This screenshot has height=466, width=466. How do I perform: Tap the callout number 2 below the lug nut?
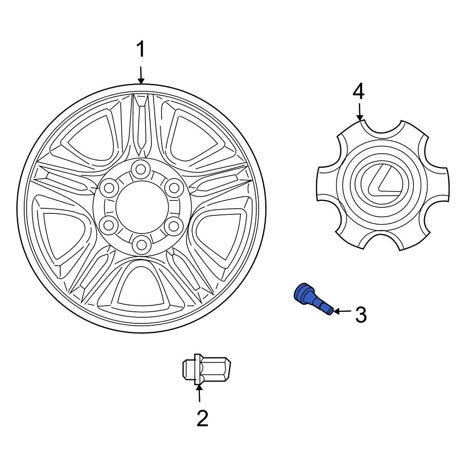(x=202, y=418)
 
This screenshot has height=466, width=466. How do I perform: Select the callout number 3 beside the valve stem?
(x=361, y=315)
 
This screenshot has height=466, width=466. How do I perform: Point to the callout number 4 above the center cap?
(x=358, y=92)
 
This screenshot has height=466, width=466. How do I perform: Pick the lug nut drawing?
(x=206, y=370)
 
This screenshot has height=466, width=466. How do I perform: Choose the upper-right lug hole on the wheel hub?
(x=174, y=188)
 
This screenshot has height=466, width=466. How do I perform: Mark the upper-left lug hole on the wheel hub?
(x=108, y=188)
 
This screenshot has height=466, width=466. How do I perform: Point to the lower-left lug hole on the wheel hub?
(x=108, y=226)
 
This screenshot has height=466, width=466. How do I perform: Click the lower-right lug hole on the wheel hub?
(x=174, y=226)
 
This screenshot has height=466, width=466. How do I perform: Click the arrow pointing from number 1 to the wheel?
(x=141, y=75)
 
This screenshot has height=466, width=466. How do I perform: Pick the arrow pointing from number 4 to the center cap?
(x=359, y=112)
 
